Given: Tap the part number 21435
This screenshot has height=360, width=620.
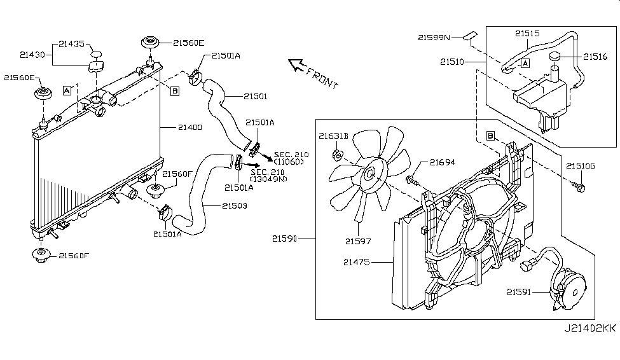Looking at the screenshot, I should pyautogui.click(x=71, y=44).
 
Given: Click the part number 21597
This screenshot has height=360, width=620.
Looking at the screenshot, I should pyautogui.click(x=358, y=240).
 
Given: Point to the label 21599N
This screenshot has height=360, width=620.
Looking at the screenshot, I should pyautogui.click(x=434, y=38).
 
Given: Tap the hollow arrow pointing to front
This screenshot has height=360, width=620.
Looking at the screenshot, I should pyautogui.click(x=296, y=64).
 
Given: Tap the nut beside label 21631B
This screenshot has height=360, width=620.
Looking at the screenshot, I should pyautogui.click(x=338, y=153).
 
